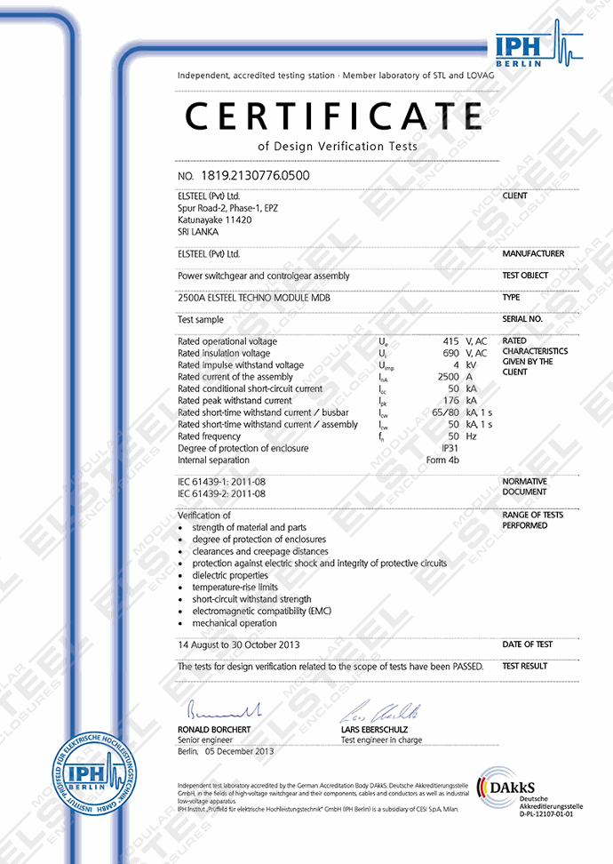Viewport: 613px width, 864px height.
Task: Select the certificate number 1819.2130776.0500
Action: (x=256, y=175)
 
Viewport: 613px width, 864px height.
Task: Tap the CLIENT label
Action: (x=514, y=196)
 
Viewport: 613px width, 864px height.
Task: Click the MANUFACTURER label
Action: (x=533, y=253)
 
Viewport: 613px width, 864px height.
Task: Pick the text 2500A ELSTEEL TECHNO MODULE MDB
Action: (x=253, y=299)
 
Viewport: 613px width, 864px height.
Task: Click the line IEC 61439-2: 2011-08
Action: (x=221, y=493)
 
